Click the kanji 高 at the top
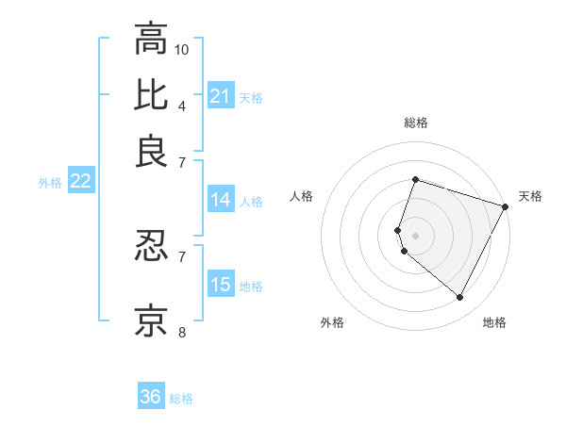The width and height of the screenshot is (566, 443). pos(151,39)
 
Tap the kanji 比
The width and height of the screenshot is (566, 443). pos(151,95)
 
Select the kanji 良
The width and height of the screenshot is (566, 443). pos(151,150)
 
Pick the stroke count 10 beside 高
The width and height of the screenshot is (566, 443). pos(182,49)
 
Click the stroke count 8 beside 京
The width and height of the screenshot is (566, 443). pos(182,332)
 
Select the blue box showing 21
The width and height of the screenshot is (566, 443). pos(221,96)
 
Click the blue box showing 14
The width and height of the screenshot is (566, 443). pos(221,200)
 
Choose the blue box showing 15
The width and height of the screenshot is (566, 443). pos(221,286)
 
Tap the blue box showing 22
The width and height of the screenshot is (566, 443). pos(80,182)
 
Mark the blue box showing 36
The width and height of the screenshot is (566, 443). pos(151,397)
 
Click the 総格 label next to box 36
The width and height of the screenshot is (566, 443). pos(181,399)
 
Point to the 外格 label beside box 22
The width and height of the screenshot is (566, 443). pos(49,183)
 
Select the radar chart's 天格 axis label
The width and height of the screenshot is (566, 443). pos(530,196)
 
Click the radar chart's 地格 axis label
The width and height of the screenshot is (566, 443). pos(494,322)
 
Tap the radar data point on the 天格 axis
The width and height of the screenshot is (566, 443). pos(506,205)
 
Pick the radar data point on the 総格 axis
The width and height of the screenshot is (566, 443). pos(415,179)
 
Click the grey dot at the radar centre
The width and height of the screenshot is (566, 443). pos(415,235)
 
